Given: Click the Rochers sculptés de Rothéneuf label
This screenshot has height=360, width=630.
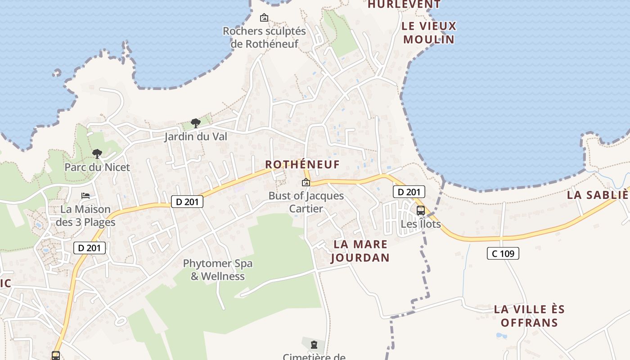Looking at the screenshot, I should (264, 37).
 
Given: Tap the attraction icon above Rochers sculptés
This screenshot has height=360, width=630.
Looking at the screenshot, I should (264, 18).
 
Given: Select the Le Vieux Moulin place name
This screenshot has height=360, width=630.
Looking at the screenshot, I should (429, 32).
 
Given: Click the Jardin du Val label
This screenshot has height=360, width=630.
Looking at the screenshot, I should (196, 136).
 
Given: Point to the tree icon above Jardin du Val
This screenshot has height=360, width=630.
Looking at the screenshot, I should (195, 123).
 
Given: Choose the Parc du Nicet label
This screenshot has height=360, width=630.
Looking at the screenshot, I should (97, 167).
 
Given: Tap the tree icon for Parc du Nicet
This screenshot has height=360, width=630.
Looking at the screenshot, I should (97, 154).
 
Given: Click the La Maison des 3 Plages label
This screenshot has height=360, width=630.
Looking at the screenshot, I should (85, 216).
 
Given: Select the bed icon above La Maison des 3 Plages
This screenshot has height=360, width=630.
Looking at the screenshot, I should (85, 195).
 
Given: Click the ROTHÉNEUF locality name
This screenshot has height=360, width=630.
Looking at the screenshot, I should (302, 164).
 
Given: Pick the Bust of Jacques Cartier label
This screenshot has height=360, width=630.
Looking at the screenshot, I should (306, 202).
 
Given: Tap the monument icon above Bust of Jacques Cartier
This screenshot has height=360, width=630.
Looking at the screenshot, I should (306, 182).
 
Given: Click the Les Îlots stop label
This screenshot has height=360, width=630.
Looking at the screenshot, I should (421, 224).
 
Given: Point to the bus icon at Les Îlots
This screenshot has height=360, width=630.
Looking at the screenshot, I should (421, 210).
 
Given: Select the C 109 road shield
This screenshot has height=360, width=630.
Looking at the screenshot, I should (503, 253).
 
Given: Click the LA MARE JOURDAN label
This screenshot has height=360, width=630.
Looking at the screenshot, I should (360, 251).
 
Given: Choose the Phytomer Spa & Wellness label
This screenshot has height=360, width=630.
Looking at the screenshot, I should (218, 270).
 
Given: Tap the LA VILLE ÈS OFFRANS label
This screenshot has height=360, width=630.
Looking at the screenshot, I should (529, 316).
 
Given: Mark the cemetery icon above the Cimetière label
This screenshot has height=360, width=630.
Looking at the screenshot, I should (314, 345).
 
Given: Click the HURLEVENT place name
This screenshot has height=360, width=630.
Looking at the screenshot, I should (404, 4).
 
